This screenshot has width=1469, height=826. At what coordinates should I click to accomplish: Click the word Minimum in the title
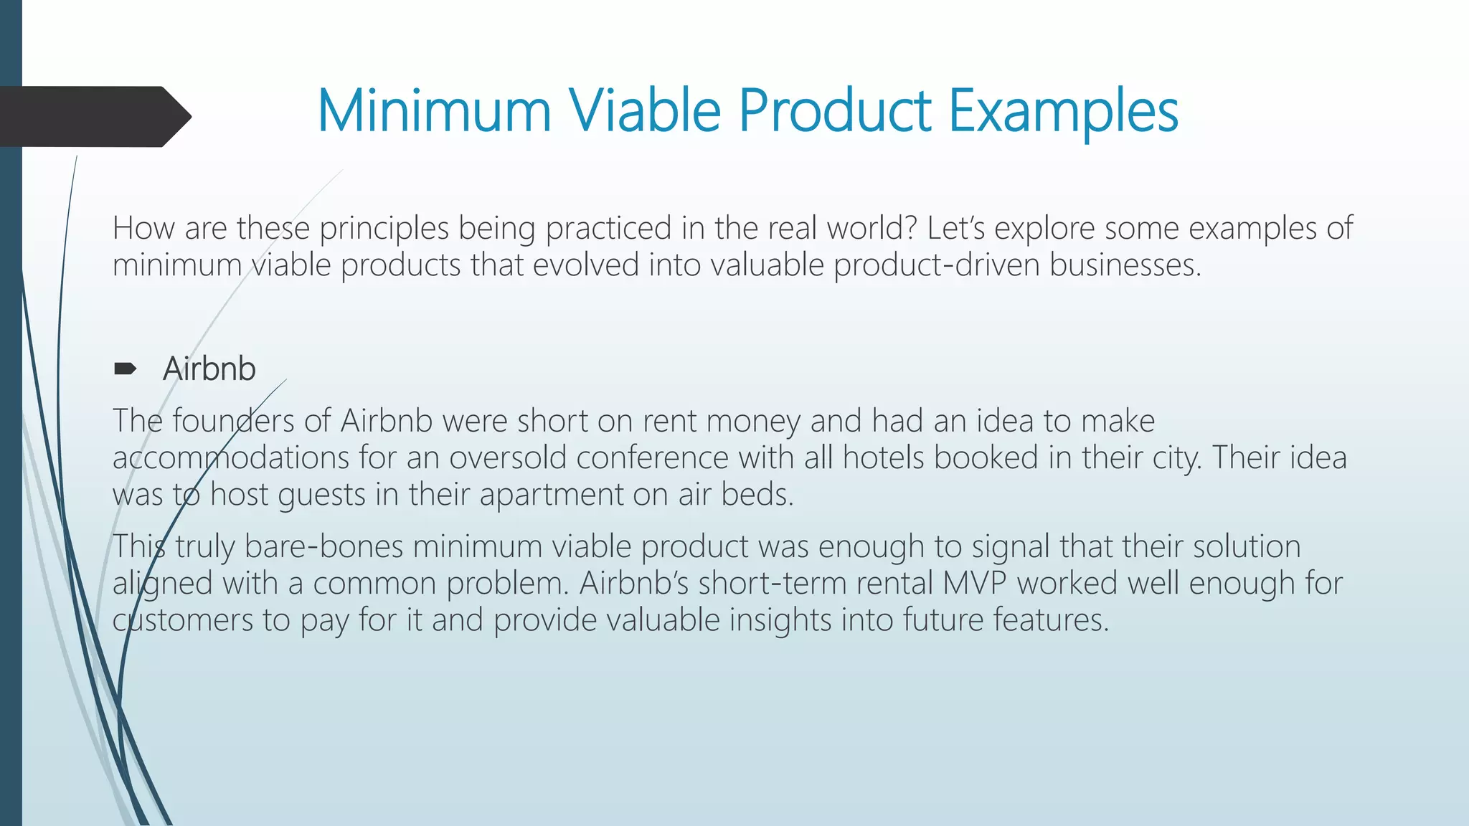[x=433, y=111]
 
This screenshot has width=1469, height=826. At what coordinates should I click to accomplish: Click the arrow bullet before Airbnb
[x=125, y=369]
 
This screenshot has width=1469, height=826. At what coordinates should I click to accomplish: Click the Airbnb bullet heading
[x=209, y=369]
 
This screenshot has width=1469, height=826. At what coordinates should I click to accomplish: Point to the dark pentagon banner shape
[x=93, y=116]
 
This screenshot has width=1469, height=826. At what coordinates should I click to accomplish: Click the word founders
[x=233, y=421]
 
